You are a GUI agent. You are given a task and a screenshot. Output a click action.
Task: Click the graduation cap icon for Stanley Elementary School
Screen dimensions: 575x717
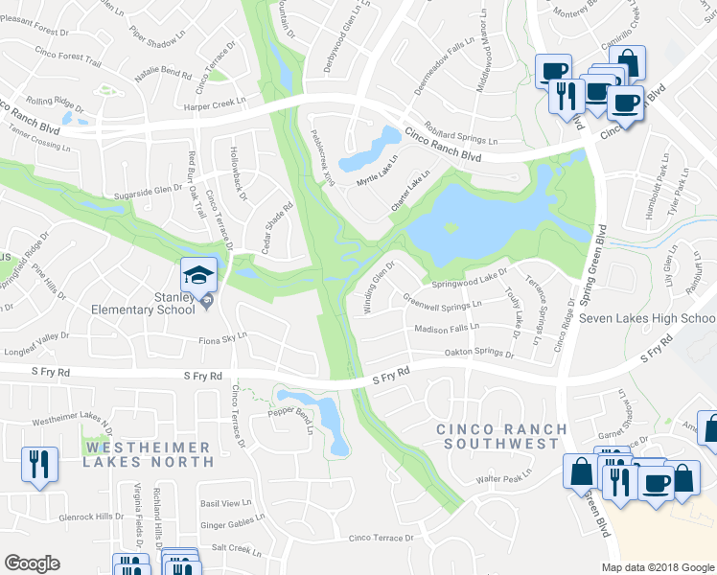pyautogui.click(x=201, y=274)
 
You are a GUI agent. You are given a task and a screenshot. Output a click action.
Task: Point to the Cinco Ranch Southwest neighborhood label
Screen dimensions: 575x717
pyautogui.click(x=497, y=436)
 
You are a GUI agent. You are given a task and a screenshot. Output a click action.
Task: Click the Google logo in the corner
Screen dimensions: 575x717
pyautogui.click(x=33, y=563)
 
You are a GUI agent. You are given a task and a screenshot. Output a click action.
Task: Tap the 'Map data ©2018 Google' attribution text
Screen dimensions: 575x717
pyautogui.click(x=658, y=567)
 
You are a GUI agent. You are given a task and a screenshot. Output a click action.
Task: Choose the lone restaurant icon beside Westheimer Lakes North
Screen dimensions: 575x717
pyautogui.click(x=40, y=464)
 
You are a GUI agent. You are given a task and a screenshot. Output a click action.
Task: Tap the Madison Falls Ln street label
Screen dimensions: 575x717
pyautogui.click(x=446, y=329)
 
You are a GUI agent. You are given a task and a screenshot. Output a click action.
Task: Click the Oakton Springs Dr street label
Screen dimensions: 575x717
pyautogui.click(x=478, y=354)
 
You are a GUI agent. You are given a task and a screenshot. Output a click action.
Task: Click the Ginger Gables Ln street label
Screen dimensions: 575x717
pyautogui.click(x=232, y=524)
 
